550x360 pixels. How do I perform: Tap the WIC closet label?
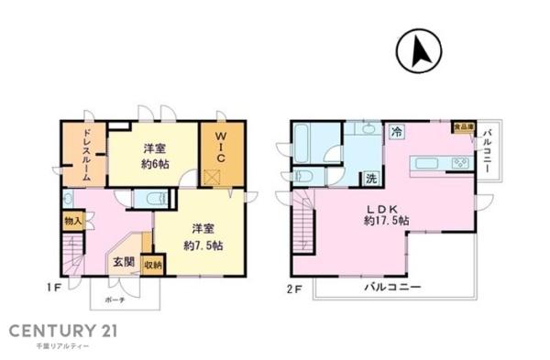[220, 147]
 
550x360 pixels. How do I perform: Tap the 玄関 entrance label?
[124, 262]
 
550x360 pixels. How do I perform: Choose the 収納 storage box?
[153, 265]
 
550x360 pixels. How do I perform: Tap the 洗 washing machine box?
[371, 177]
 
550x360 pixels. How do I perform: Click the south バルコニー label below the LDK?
[394, 288]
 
